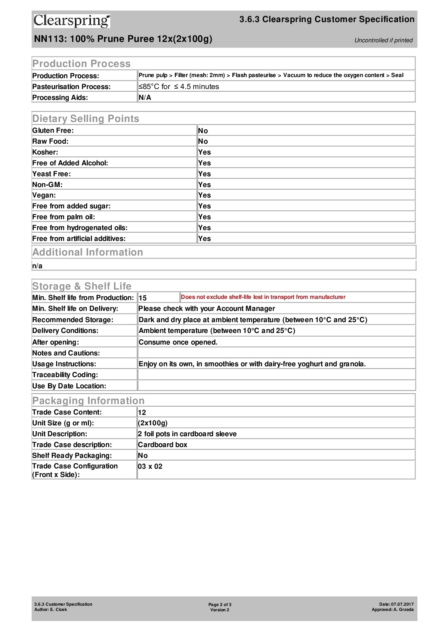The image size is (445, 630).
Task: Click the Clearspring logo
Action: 72,21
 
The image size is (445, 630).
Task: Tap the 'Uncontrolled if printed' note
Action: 383,40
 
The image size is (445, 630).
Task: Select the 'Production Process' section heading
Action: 81,64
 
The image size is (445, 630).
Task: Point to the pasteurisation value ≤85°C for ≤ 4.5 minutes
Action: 179,86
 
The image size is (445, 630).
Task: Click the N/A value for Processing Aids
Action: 145,98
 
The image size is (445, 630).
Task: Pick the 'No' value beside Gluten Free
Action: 203,131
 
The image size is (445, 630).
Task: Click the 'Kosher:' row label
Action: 45,152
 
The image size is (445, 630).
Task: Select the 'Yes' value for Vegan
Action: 204,195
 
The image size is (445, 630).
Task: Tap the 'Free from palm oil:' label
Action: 64,217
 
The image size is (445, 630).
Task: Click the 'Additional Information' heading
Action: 88,252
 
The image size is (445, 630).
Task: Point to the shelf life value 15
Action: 143,298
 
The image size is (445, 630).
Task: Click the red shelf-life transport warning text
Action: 263,297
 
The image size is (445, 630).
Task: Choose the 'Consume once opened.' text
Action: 178,342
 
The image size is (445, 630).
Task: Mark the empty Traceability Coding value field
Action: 276,375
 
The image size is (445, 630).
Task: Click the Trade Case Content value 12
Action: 142,413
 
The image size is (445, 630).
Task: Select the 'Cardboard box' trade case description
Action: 163,445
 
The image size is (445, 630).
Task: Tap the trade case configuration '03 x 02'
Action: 150,467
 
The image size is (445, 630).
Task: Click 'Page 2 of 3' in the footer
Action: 220,605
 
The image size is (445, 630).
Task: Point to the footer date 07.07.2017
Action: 402,604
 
